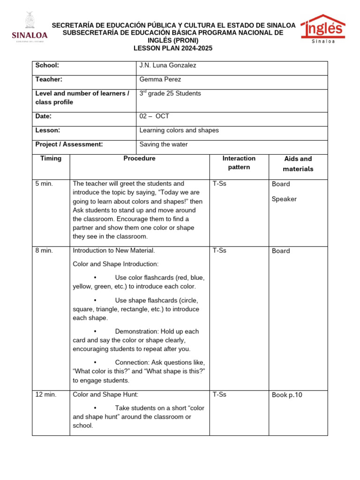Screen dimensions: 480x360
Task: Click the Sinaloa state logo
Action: pyautogui.click(x=29, y=29)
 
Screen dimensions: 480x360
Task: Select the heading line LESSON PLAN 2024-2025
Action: pyautogui.click(x=173, y=48)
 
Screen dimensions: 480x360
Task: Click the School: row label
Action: pyautogui.click(x=47, y=66)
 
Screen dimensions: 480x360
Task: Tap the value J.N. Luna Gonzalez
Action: pyautogui.click(x=168, y=66)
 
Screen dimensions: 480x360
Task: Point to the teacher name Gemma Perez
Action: pyautogui.click(x=160, y=80)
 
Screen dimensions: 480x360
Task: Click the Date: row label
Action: pyautogui.click(x=44, y=116)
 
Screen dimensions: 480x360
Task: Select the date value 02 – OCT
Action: pyautogui.click(x=154, y=116)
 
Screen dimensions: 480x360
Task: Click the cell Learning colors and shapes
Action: pyautogui.click(x=179, y=130)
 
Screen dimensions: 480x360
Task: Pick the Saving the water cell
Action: pyautogui.click(x=164, y=144)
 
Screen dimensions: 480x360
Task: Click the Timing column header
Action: pyautogui.click(x=51, y=158)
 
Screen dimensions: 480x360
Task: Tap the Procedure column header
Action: pyautogui.click(x=139, y=158)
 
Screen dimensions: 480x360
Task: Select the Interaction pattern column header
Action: pyautogui.click(x=239, y=163)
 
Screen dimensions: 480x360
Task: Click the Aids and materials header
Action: pyautogui.click(x=298, y=164)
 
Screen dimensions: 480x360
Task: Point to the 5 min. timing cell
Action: pyautogui.click(x=44, y=184)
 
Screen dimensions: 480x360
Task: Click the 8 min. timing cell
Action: pyautogui.click(x=44, y=251)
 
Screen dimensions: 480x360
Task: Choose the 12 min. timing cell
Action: pyautogui.click(x=46, y=395)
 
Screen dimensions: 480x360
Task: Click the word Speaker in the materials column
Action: pyautogui.click(x=284, y=199)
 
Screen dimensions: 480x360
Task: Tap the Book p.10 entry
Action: pyautogui.click(x=287, y=395)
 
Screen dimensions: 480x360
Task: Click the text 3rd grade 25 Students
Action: pyautogui.click(x=170, y=94)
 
